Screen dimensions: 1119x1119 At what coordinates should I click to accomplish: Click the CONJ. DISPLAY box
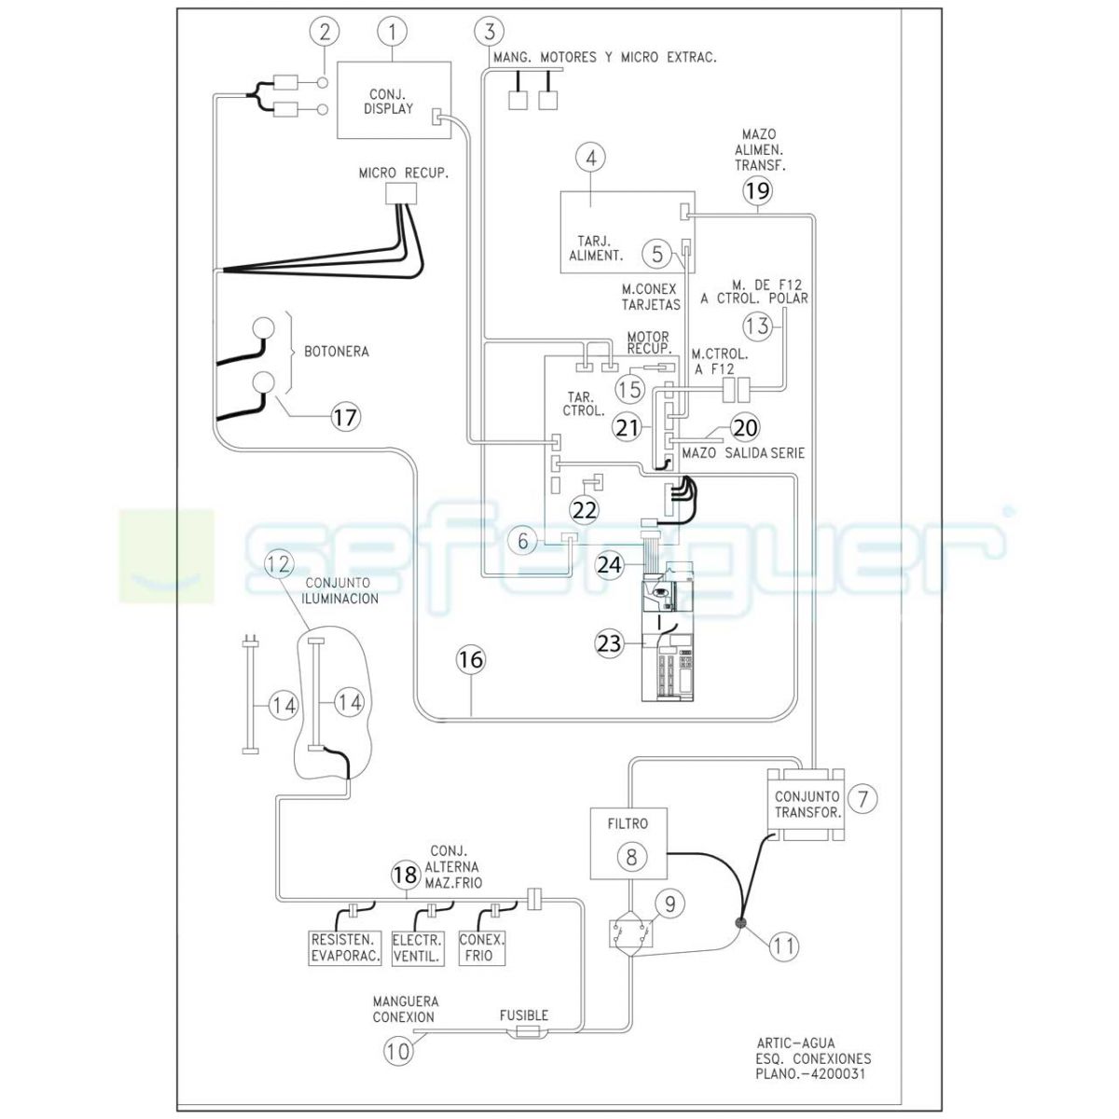pyautogui.click(x=394, y=100)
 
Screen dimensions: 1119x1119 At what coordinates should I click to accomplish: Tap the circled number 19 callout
pyautogui.click(x=758, y=190)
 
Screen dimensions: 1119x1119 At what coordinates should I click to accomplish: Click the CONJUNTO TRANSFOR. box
pyautogui.click(x=807, y=804)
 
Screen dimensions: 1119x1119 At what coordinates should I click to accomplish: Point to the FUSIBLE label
pyautogui.click(x=524, y=1015)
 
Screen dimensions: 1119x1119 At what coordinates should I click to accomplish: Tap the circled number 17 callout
pyautogui.click(x=346, y=417)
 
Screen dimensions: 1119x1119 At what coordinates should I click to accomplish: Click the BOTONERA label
pyautogui.click(x=337, y=352)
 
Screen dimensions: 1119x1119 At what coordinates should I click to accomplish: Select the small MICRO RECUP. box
pyautogui.click(x=401, y=193)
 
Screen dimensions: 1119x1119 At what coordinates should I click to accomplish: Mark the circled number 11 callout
pyautogui.click(x=784, y=946)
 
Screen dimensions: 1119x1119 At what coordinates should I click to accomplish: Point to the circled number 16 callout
pyautogui.click(x=471, y=659)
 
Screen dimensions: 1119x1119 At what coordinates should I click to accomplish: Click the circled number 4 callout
pyautogui.click(x=591, y=158)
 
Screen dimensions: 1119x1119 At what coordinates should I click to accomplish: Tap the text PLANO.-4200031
pyautogui.click(x=810, y=1073)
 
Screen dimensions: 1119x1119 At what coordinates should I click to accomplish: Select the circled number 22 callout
pyautogui.click(x=585, y=510)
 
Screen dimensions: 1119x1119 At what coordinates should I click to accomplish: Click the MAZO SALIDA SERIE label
pyautogui.click(x=743, y=452)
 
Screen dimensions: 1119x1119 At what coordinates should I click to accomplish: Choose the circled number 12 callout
pyautogui.click(x=280, y=563)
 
